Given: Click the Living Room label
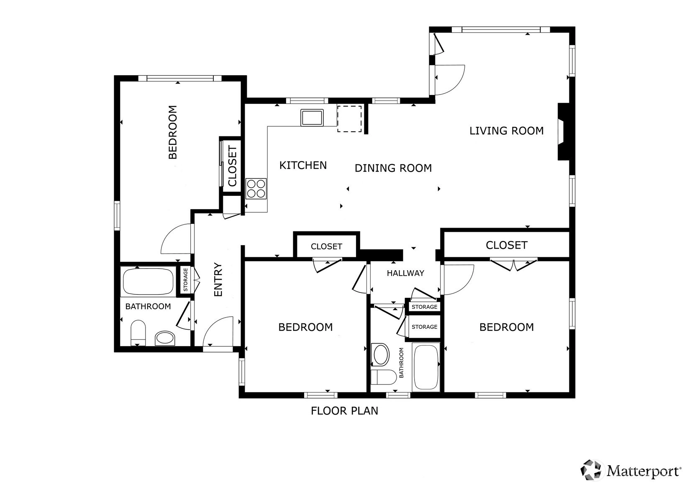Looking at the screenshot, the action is click(x=506, y=131).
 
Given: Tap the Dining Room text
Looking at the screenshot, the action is click(x=393, y=168).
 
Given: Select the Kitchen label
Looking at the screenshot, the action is click(x=303, y=166).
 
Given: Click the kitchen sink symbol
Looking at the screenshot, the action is click(x=312, y=118).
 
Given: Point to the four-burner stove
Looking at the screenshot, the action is click(x=256, y=189).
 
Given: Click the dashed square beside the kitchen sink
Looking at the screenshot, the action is click(x=349, y=119).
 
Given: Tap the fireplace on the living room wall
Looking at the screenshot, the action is click(x=564, y=132).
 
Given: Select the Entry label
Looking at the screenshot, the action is click(x=218, y=279).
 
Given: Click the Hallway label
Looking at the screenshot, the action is click(x=405, y=273).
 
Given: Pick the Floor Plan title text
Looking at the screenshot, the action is click(x=344, y=411).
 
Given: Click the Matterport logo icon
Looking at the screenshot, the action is click(x=591, y=470).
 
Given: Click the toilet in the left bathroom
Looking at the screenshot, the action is click(x=138, y=333).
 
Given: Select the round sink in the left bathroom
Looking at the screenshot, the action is click(x=165, y=338).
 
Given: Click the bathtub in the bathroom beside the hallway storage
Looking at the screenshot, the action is click(x=426, y=367).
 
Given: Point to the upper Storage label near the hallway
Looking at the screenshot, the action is click(x=425, y=307).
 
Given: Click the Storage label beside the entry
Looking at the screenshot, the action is click(x=185, y=279).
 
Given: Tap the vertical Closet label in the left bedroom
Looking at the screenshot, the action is click(x=233, y=166).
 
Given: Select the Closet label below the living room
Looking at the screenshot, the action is click(x=507, y=245).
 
